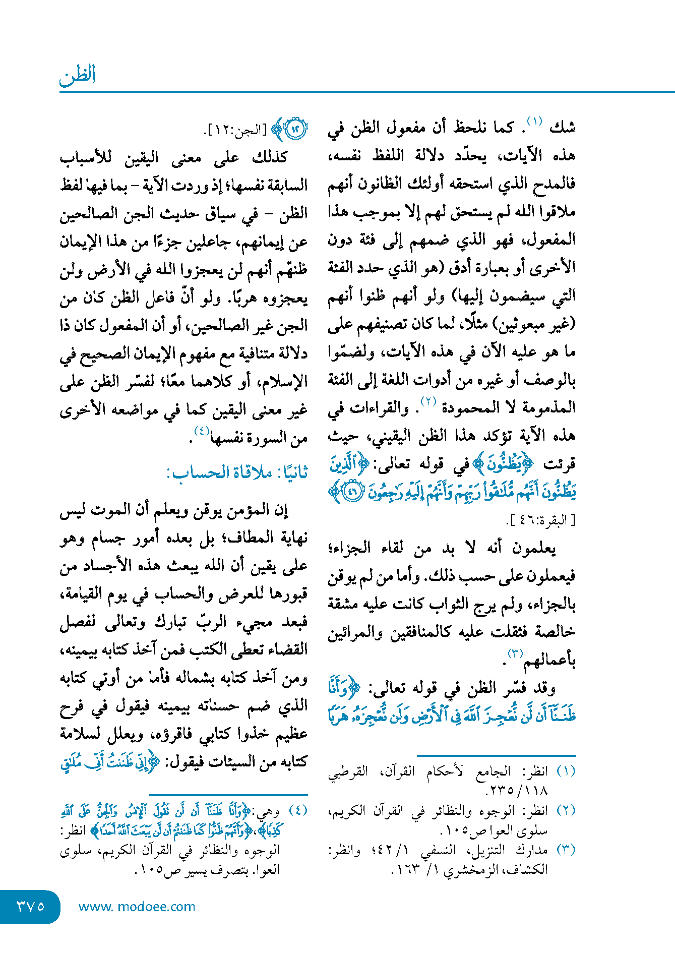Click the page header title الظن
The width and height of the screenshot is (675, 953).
pos(78,76)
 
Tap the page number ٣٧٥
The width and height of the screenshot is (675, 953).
pos(30,907)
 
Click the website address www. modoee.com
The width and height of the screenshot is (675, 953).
pos(137,907)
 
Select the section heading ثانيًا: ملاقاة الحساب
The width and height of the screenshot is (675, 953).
pos(237,473)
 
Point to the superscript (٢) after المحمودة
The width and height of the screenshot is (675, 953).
pos(428,402)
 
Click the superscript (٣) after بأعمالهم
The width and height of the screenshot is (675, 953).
pos(515,654)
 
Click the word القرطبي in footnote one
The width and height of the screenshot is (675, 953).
pos(348,772)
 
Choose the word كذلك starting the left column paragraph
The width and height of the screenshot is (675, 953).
pos(270,158)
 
